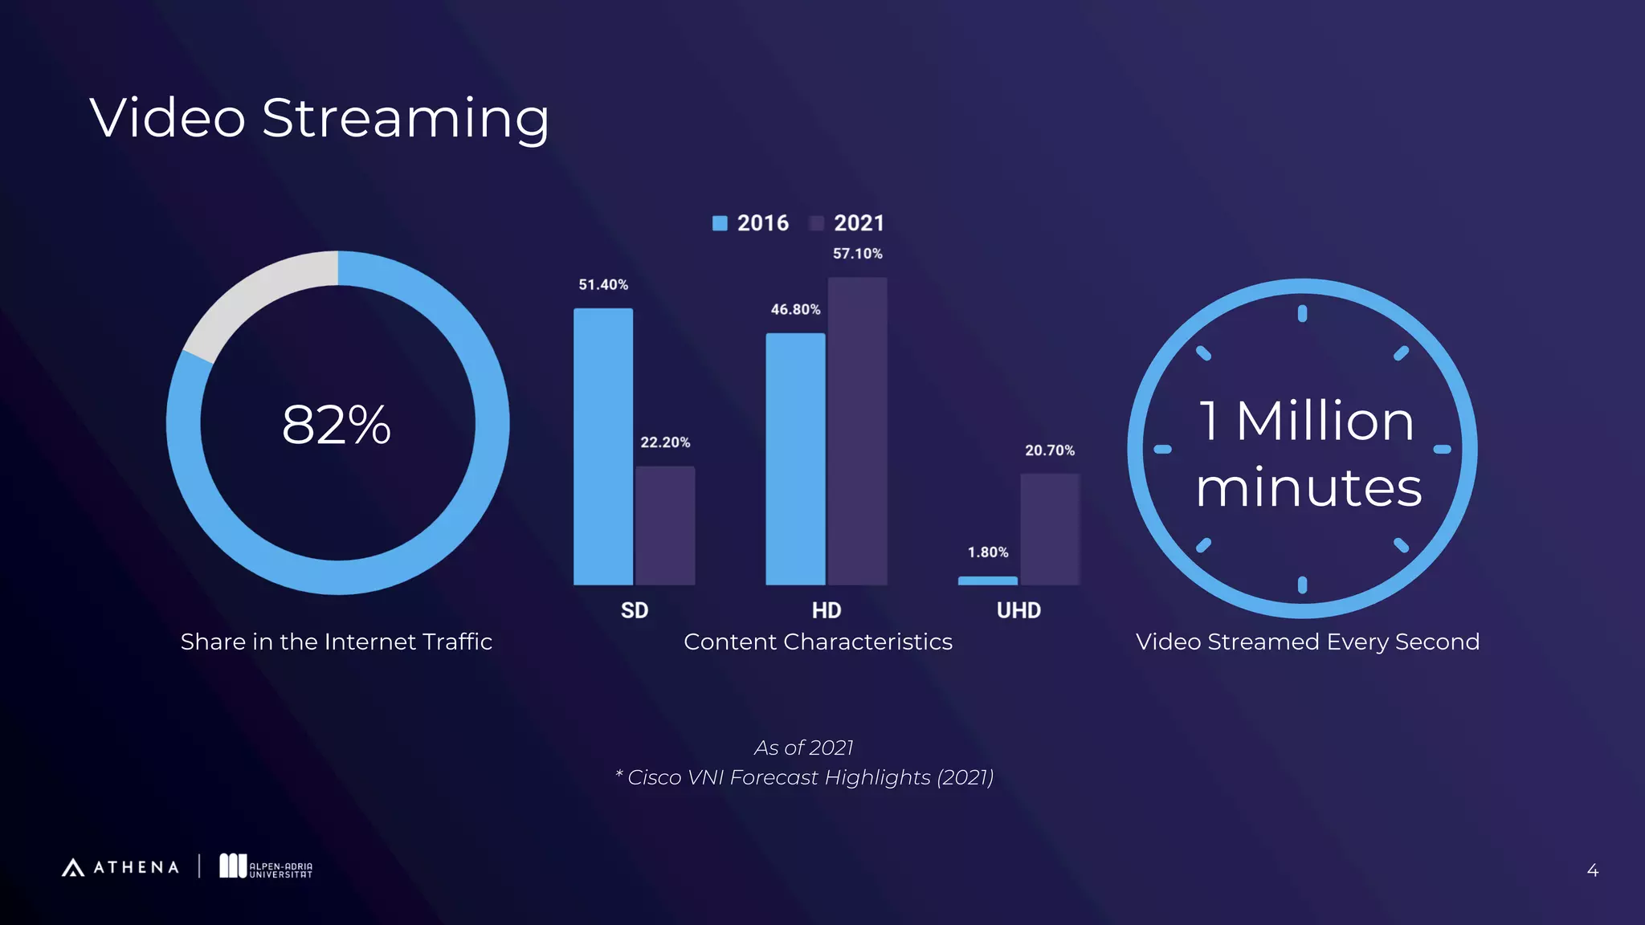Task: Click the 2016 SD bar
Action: (603, 446)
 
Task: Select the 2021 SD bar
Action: (665, 525)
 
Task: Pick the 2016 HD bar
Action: (795, 458)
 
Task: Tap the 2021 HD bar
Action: (857, 431)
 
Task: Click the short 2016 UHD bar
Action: (987, 581)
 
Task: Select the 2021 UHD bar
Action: (1050, 529)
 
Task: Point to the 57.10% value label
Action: (857, 254)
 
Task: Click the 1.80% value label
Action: (987, 552)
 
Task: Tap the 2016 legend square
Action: (720, 223)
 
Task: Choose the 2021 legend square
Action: (817, 223)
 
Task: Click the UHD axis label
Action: (1018, 610)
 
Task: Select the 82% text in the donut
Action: (337, 424)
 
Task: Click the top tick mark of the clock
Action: (1302, 314)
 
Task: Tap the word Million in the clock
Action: (1325, 421)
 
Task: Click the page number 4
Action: (1592, 870)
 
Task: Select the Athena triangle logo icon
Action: (73, 867)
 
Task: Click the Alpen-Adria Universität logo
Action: (266, 866)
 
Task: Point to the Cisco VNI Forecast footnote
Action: (804, 777)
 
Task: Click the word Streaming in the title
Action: (406, 119)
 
